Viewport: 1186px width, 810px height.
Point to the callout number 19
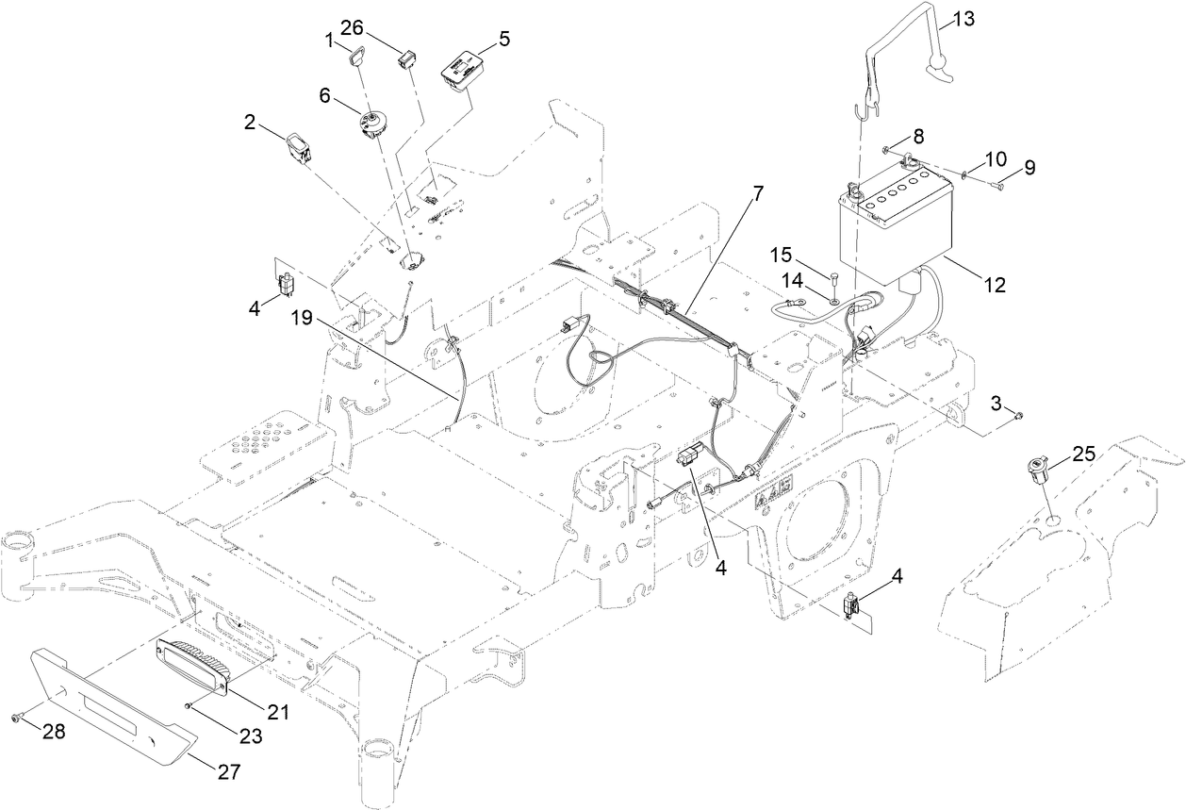[302, 319]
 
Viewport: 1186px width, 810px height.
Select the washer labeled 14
[836, 301]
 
